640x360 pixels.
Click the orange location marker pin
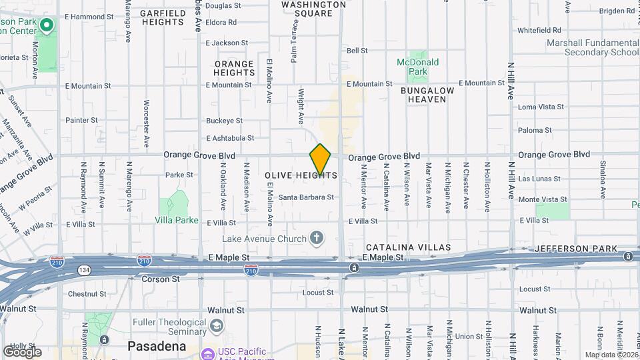pos(320,159)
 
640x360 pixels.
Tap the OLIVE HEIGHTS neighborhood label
pos(301,175)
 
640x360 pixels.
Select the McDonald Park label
pos(417,67)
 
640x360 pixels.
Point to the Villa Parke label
pos(177,220)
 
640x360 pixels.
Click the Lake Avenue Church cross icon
pos(317,238)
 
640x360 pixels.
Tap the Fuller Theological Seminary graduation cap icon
pos(216,326)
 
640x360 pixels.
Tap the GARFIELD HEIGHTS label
pos(163,17)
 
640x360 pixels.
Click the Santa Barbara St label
pos(306,197)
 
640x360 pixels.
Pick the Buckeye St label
pos(224,121)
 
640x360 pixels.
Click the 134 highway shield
pos(85,270)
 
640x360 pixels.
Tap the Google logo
pos(22,351)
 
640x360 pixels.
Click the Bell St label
pos(357,51)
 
